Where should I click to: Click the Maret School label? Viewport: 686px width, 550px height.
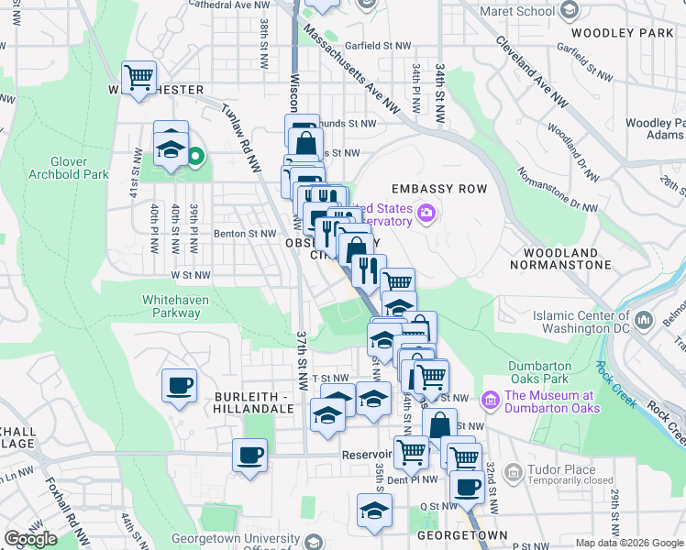[522, 11]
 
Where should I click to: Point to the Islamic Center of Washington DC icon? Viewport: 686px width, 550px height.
[644, 319]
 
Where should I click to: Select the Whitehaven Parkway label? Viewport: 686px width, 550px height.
[171, 306]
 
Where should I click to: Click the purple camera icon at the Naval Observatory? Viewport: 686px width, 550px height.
[426, 214]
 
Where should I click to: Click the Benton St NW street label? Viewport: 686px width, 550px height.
[245, 234]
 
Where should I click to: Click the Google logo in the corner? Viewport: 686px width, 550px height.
[30, 539]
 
